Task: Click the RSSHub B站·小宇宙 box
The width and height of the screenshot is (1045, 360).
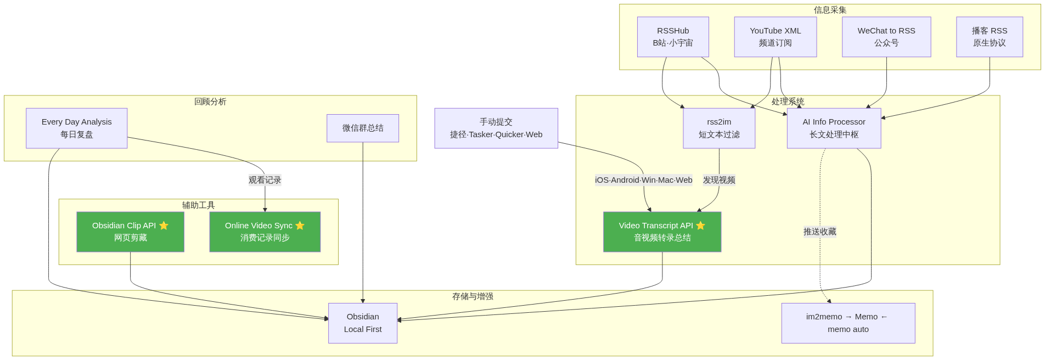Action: (x=673, y=37)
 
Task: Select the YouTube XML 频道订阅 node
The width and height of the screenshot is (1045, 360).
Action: (x=775, y=37)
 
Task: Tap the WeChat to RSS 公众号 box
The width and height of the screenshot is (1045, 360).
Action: (x=886, y=37)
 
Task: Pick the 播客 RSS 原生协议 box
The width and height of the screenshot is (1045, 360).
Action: (x=989, y=37)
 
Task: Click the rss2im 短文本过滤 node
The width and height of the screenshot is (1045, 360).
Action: (x=719, y=128)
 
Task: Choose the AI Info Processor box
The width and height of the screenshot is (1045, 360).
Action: (x=834, y=128)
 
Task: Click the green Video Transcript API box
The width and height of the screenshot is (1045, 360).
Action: (x=662, y=232)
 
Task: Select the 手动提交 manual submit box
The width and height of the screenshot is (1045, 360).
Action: (x=496, y=128)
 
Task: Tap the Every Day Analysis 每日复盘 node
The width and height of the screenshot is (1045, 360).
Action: (x=76, y=128)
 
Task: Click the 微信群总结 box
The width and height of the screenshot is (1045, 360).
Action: (x=363, y=128)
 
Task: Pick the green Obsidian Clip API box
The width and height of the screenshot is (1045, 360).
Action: (x=130, y=232)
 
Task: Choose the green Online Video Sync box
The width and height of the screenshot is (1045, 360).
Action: (x=265, y=232)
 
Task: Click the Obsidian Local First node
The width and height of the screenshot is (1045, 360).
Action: (x=363, y=323)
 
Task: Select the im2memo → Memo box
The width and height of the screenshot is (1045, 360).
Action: (x=848, y=323)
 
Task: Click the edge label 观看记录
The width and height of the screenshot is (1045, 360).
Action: (x=265, y=180)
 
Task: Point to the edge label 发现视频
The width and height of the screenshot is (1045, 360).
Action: (x=719, y=180)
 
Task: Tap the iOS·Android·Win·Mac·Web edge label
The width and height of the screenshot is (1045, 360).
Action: (x=643, y=180)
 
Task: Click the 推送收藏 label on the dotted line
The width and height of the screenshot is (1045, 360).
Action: (x=820, y=232)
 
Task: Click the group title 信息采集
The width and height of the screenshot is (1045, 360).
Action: (x=830, y=10)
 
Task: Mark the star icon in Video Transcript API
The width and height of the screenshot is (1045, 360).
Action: (x=700, y=226)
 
